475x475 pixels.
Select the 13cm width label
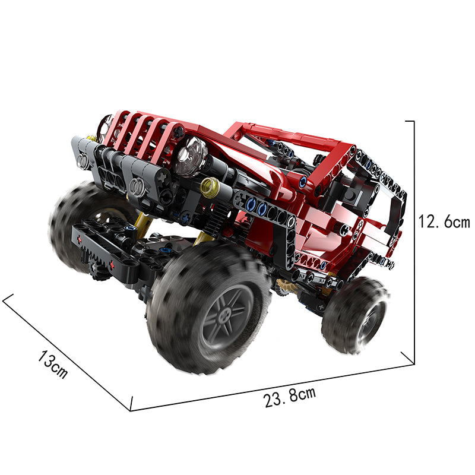52,364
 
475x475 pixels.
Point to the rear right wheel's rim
372,322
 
